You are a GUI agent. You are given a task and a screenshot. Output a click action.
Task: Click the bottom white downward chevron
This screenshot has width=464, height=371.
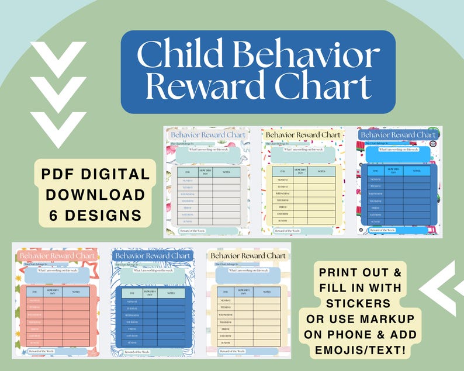(58, 126)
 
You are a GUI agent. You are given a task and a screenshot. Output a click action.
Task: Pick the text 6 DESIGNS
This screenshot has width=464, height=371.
(95, 215)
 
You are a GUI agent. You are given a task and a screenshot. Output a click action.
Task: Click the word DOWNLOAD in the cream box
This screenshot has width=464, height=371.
(95, 195)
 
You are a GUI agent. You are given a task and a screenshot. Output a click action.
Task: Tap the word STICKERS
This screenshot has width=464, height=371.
(359, 303)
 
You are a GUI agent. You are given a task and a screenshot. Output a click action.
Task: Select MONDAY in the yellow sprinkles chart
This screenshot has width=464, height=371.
(282, 179)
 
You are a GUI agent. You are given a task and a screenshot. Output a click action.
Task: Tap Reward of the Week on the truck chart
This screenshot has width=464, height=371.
(383, 230)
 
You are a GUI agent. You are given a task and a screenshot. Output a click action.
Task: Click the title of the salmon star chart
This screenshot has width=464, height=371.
(57, 255)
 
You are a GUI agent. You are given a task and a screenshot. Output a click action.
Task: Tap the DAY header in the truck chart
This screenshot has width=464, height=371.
(376, 171)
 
